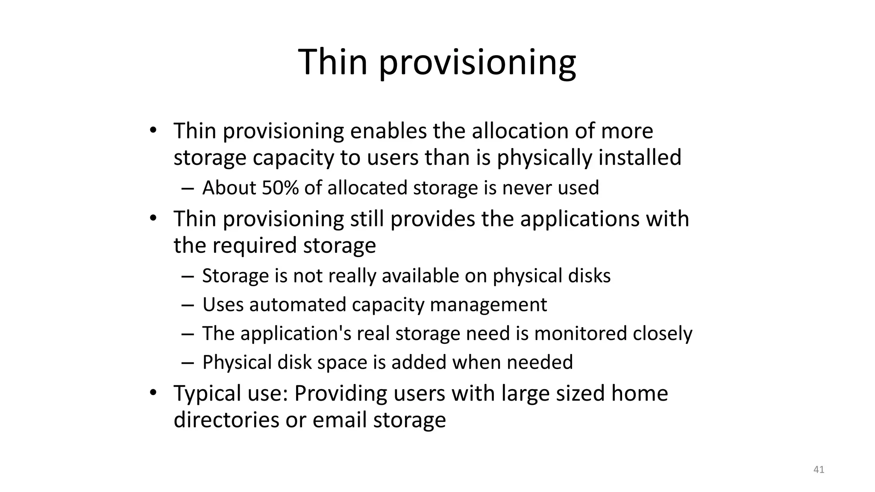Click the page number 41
click(x=819, y=470)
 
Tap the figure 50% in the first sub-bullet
click(x=280, y=188)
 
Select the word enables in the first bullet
click(x=388, y=131)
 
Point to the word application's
click(x=296, y=334)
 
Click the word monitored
click(x=580, y=334)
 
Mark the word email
click(x=339, y=420)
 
